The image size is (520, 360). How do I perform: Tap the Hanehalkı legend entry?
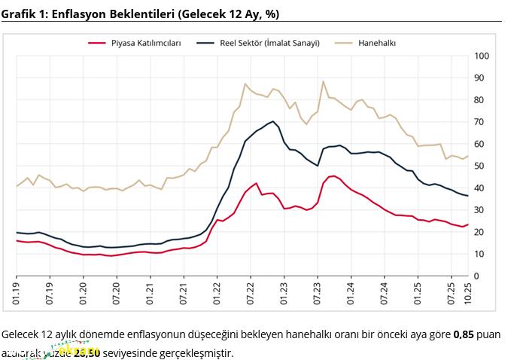[x=376, y=43]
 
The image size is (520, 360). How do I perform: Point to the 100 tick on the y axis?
[x=482, y=56]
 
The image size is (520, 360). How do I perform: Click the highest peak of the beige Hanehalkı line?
[x=323, y=81]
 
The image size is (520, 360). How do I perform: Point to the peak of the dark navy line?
[x=272, y=121]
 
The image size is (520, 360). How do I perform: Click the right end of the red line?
[x=468, y=224]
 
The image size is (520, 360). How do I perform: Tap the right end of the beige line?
[x=468, y=156]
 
